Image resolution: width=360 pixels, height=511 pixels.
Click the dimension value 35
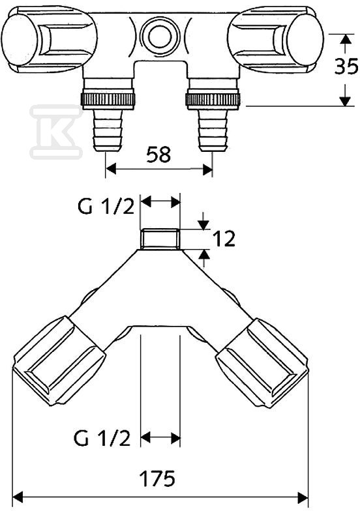click(x=346, y=67)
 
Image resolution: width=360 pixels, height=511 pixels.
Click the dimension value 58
click(x=158, y=155)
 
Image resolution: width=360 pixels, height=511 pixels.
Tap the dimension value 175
click(x=157, y=478)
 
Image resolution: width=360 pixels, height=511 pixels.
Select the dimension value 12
click(x=224, y=239)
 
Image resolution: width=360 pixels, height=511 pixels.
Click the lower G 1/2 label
click(x=102, y=438)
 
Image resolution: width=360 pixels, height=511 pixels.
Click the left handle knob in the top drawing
click(x=49, y=39)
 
